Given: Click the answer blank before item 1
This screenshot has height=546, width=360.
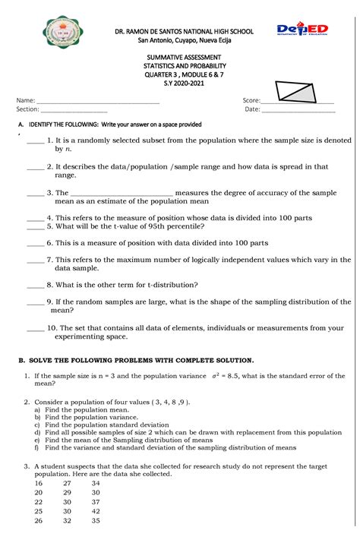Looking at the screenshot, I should click(x=35, y=141).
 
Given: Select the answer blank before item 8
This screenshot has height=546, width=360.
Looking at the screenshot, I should click(x=35, y=286).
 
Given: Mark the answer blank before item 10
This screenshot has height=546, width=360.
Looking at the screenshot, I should click(x=35, y=329).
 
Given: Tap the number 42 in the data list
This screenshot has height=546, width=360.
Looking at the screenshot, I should click(x=95, y=511).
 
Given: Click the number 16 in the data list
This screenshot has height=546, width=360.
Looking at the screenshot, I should click(x=38, y=483).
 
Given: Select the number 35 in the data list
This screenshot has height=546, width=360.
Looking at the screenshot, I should click(x=95, y=521).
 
